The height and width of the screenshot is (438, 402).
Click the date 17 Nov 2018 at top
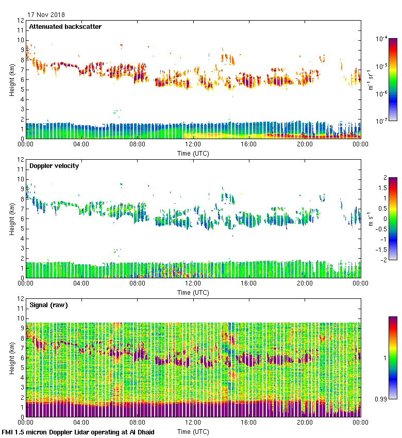coord(46,14)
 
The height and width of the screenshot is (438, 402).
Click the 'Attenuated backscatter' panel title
coord(65,27)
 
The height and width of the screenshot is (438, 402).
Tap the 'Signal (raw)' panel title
coord(48,305)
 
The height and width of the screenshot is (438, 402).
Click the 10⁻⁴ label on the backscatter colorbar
coord(382,39)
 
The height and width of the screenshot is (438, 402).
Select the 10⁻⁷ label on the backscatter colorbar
coord(382,122)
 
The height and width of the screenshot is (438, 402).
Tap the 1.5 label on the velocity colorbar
coord(382,188)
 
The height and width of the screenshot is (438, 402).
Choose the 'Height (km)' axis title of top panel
coord(12,80)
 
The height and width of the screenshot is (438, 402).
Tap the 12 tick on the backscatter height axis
coord(21,21)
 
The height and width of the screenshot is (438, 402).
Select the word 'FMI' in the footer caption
coord(8,432)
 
